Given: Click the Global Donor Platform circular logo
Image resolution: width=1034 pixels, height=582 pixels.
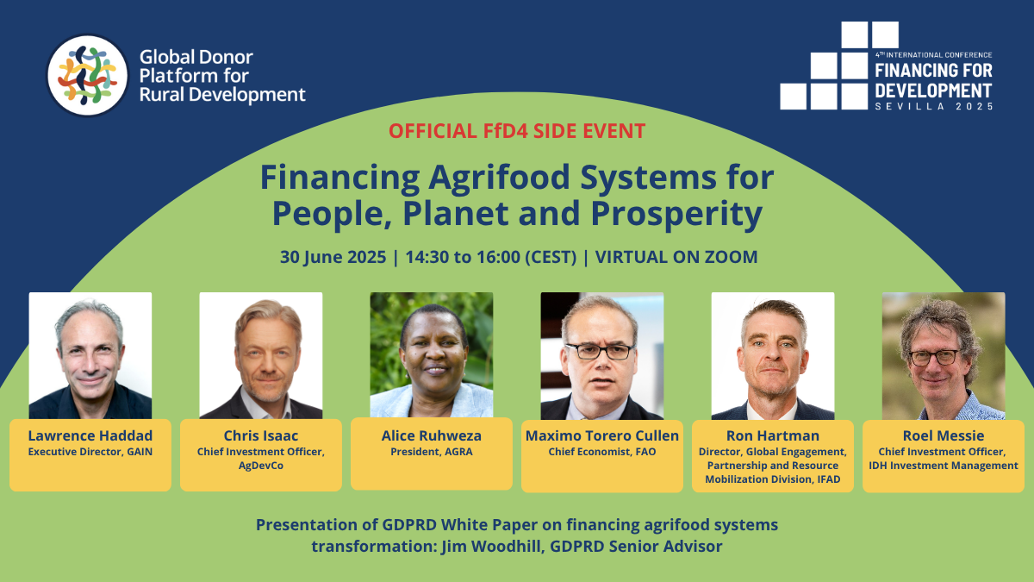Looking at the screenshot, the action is [88, 75].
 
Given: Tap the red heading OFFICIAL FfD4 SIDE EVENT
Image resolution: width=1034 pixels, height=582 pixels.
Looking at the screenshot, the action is [516, 131].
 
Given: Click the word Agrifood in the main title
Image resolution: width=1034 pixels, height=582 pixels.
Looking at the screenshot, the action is [499, 178].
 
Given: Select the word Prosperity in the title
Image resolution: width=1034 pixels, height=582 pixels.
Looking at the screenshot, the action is [676, 214].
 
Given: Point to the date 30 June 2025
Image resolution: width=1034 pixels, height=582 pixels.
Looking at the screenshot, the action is [333, 257].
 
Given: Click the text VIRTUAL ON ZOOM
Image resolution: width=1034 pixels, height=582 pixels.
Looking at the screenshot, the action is [676, 257].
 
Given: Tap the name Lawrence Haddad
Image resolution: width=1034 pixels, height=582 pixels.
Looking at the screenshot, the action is [90, 435].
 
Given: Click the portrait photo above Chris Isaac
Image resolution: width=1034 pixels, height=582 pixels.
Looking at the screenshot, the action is [261, 355].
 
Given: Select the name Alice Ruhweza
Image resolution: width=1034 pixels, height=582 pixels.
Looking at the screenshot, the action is [432, 435].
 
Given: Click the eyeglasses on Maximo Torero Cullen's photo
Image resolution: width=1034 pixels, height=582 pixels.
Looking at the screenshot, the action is [600, 352].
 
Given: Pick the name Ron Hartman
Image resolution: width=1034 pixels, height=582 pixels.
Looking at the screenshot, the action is [773, 435].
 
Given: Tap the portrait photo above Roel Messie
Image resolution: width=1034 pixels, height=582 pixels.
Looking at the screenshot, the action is [944, 355].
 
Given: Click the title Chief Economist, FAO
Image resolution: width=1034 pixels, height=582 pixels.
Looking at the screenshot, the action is [602, 452].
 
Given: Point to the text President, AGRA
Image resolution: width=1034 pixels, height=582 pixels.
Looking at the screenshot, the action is [432, 452].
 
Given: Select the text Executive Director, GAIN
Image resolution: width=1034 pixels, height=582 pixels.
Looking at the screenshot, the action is [90, 452].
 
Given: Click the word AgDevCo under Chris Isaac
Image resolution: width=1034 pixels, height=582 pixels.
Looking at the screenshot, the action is [261, 466].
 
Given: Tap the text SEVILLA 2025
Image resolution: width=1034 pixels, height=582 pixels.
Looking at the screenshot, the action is [934, 106].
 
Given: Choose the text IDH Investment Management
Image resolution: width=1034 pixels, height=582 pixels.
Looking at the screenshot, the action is [944, 466].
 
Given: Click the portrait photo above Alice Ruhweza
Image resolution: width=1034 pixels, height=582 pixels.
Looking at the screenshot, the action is [432, 354].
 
